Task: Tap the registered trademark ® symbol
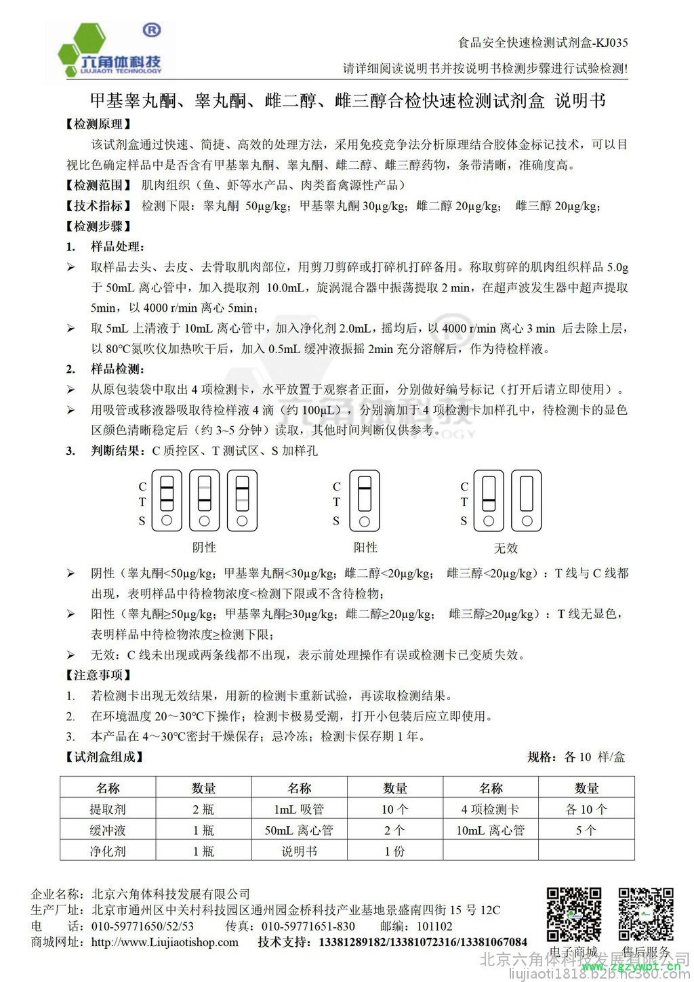tap(152, 30)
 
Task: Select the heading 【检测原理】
tap(98, 124)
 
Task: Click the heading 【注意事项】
tap(98, 675)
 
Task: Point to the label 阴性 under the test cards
tap(204, 547)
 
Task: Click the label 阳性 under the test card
tap(365, 547)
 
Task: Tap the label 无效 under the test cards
tap(506, 548)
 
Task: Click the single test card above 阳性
tap(365, 501)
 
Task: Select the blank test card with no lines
tap(527, 501)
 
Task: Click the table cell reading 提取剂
tap(108, 809)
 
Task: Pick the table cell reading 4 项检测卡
tap(490, 809)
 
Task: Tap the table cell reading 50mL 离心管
tap(299, 830)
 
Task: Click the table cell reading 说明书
tap(299, 851)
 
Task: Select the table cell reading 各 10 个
tap(586, 809)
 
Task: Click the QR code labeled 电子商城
tap(574, 914)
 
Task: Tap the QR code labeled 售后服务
tap(645, 914)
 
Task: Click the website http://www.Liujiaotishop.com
tap(165, 943)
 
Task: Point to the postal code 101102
tap(434, 926)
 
